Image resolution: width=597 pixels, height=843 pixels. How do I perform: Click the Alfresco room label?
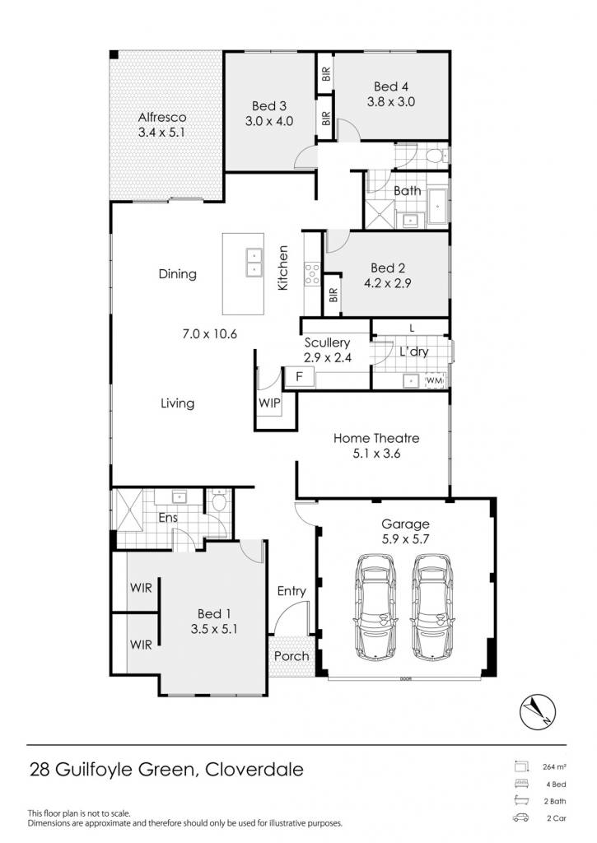(162, 117)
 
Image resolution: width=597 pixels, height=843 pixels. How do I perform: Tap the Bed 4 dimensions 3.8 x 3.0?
(391, 101)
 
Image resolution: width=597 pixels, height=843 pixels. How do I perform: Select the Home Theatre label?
(376, 438)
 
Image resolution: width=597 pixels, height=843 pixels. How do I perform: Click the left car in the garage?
(376, 607)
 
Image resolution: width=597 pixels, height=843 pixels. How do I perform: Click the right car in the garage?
(433, 607)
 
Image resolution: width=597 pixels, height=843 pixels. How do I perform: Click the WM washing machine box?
(435, 380)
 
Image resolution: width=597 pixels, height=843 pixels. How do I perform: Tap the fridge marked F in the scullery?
(299, 377)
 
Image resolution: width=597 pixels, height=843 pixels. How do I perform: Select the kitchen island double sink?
(254, 263)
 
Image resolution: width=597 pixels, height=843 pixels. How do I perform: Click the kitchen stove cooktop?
(312, 273)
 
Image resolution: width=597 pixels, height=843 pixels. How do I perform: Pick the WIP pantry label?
(269, 403)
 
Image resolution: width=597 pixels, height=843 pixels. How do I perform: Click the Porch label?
(292, 656)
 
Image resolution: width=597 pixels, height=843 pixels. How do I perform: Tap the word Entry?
(292, 591)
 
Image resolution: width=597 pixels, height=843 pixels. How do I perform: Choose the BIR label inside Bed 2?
(333, 295)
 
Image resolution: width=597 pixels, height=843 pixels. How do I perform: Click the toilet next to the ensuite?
(219, 501)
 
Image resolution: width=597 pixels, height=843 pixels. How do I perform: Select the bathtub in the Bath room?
(438, 206)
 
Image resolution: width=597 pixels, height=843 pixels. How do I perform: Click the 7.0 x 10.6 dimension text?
(210, 334)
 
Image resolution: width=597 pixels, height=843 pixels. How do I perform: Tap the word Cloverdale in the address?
(254, 770)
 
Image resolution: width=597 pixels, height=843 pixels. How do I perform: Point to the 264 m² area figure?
(554, 767)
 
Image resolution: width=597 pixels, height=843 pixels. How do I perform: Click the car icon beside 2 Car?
(520, 818)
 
